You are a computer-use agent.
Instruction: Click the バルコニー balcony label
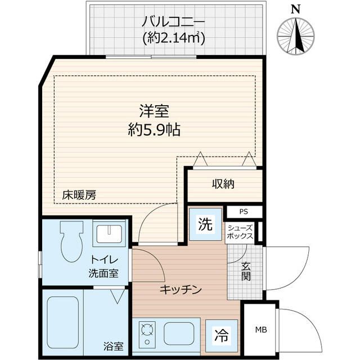(x=173, y=22)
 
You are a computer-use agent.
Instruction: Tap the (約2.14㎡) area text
(x=173, y=38)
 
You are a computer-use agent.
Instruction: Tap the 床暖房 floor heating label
(x=79, y=195)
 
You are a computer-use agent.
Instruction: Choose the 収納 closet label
(x=223, y=183)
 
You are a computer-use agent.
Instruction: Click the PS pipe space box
(x=244, y=212)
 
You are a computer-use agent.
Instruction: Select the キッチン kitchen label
(x=180, y=289)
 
